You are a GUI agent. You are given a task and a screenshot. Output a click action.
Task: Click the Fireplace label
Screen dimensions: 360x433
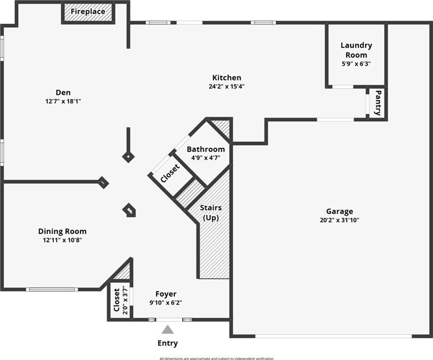(88, 12)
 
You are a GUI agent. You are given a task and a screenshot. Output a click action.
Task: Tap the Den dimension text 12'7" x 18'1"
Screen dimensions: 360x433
(63, 101)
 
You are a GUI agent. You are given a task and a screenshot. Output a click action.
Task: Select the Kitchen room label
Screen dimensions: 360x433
(226, 77)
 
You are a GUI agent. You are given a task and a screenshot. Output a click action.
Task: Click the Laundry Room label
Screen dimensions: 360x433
(356, 50)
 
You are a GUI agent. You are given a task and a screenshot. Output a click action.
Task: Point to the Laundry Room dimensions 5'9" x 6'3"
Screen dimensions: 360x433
(356, 64)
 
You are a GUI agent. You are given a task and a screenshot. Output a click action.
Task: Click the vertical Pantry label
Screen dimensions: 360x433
(379, 103)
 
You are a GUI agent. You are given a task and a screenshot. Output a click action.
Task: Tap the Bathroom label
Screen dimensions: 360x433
(206, 149)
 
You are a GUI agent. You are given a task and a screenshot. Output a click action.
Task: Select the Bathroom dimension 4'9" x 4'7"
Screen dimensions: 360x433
(206, 157)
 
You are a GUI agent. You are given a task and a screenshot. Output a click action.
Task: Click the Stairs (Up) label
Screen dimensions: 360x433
(211, 213)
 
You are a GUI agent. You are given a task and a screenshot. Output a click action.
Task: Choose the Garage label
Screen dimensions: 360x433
(339, 211)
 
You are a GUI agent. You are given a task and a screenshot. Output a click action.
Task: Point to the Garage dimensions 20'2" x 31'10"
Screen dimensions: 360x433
(339, 220)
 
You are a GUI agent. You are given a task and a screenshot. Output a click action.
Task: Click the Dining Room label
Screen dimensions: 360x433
(62, 231)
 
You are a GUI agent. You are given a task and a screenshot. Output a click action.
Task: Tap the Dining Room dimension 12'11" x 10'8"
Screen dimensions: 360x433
(62, 240)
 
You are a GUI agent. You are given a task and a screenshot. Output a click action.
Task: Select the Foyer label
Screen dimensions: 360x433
(166, 294)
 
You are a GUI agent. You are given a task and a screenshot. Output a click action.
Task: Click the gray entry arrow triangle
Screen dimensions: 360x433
(167, 330)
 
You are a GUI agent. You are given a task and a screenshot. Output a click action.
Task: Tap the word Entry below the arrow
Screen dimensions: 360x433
(167, 343)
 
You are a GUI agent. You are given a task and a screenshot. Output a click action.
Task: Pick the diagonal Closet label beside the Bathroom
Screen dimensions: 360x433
(170, 174)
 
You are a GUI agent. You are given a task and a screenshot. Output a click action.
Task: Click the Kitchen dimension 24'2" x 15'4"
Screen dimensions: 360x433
(226, 87)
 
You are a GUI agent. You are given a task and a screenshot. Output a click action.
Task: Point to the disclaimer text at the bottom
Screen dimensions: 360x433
(216, 358)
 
